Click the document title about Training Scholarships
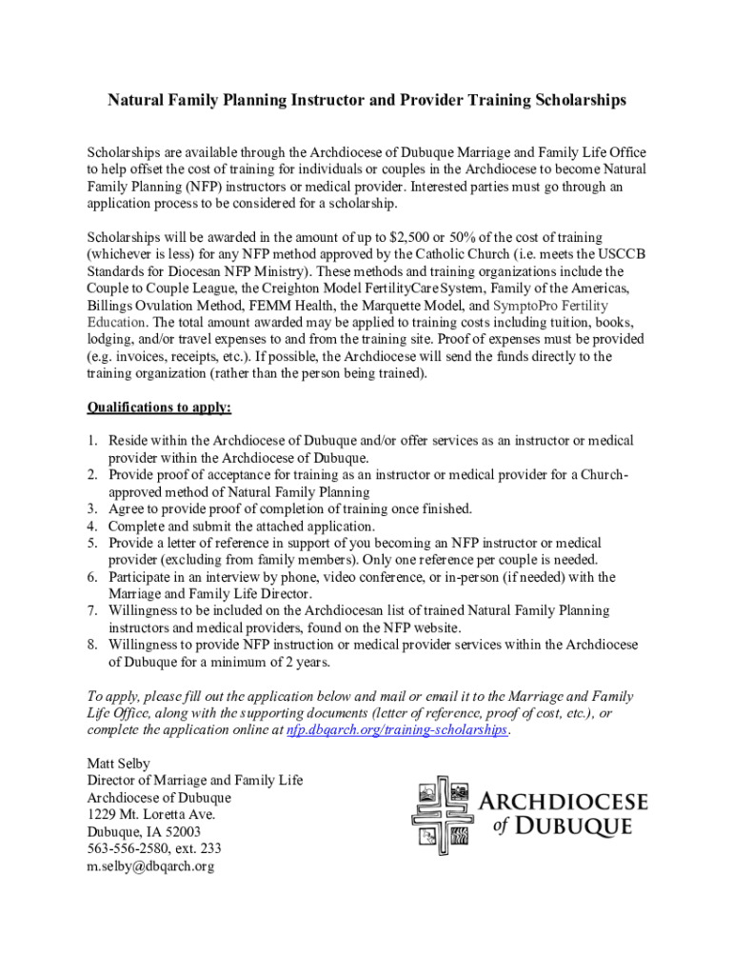366,100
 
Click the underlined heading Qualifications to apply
159,408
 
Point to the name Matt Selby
119,764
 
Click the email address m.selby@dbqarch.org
150,866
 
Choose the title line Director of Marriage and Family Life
195,781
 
